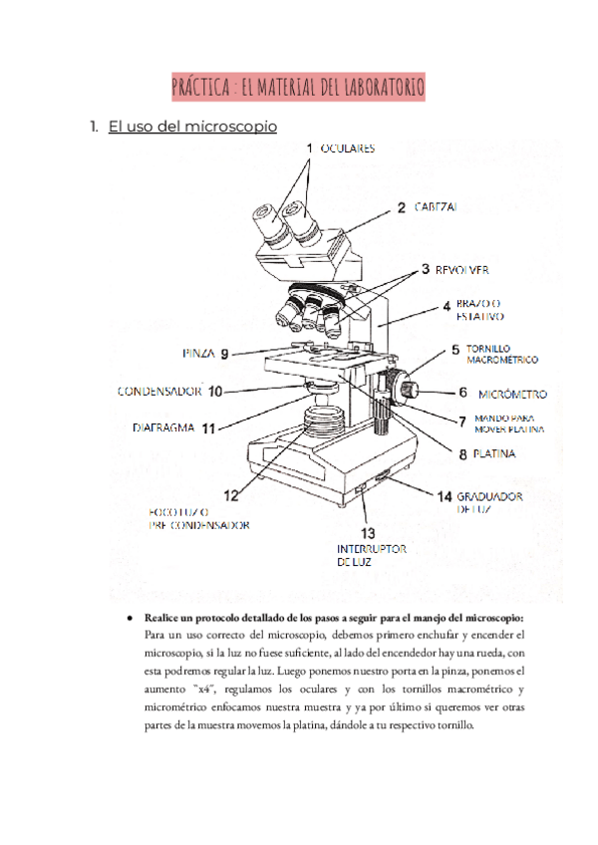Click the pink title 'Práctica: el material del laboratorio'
(298, 88)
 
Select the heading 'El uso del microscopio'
(191, 127)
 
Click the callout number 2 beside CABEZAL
(401, 208)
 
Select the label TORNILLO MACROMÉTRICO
(501, 354)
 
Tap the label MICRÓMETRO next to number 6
(512, 395)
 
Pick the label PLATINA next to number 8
(493, 454)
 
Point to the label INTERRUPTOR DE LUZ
(371, 555)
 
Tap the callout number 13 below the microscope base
(368, 533)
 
